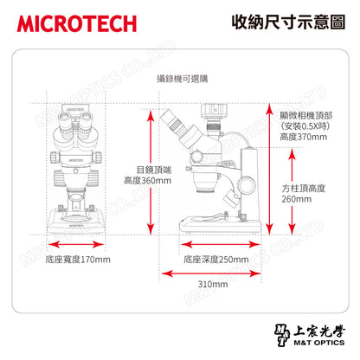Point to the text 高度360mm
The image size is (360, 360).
(x=148, y=181)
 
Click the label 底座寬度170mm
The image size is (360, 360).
(x=77, y=259)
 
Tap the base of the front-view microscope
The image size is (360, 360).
(x=78, y=223)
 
